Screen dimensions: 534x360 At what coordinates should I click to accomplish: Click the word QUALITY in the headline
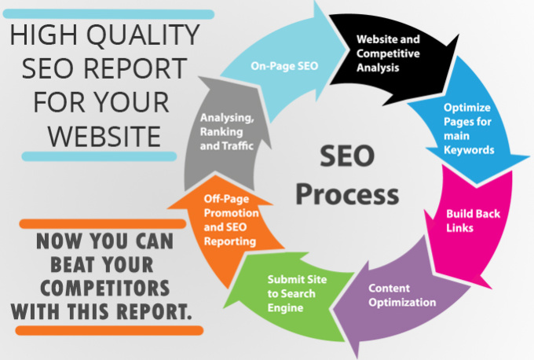point(144,35)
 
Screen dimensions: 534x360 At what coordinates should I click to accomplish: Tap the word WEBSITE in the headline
point(104,136)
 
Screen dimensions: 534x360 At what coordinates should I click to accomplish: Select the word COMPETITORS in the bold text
point(105,288)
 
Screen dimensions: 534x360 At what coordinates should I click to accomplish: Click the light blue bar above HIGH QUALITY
point(108,14)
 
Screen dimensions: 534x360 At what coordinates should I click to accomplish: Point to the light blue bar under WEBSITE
point(99,156)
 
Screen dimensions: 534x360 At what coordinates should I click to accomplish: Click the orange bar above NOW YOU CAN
point(103,224)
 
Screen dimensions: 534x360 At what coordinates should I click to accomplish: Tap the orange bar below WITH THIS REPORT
point(109,331)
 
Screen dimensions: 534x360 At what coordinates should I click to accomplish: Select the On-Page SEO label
point(284,66)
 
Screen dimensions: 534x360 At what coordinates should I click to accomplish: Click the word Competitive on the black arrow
point(388,53)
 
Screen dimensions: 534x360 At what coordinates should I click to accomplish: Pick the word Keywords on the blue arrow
point(469,150)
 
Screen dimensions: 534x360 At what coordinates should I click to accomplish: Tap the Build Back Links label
point(473,221)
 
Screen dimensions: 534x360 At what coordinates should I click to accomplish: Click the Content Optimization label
point(402,296)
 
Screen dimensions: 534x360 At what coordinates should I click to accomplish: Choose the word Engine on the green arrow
point(285,308)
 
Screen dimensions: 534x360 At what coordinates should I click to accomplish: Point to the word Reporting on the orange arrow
point(230,241)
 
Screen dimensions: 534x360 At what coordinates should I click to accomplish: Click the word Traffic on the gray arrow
point(239,146)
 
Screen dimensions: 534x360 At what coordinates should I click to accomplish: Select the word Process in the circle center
point(347,194)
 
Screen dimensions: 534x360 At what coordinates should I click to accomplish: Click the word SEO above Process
point(347,156)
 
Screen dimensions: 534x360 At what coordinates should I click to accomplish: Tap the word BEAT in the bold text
point(72,265)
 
